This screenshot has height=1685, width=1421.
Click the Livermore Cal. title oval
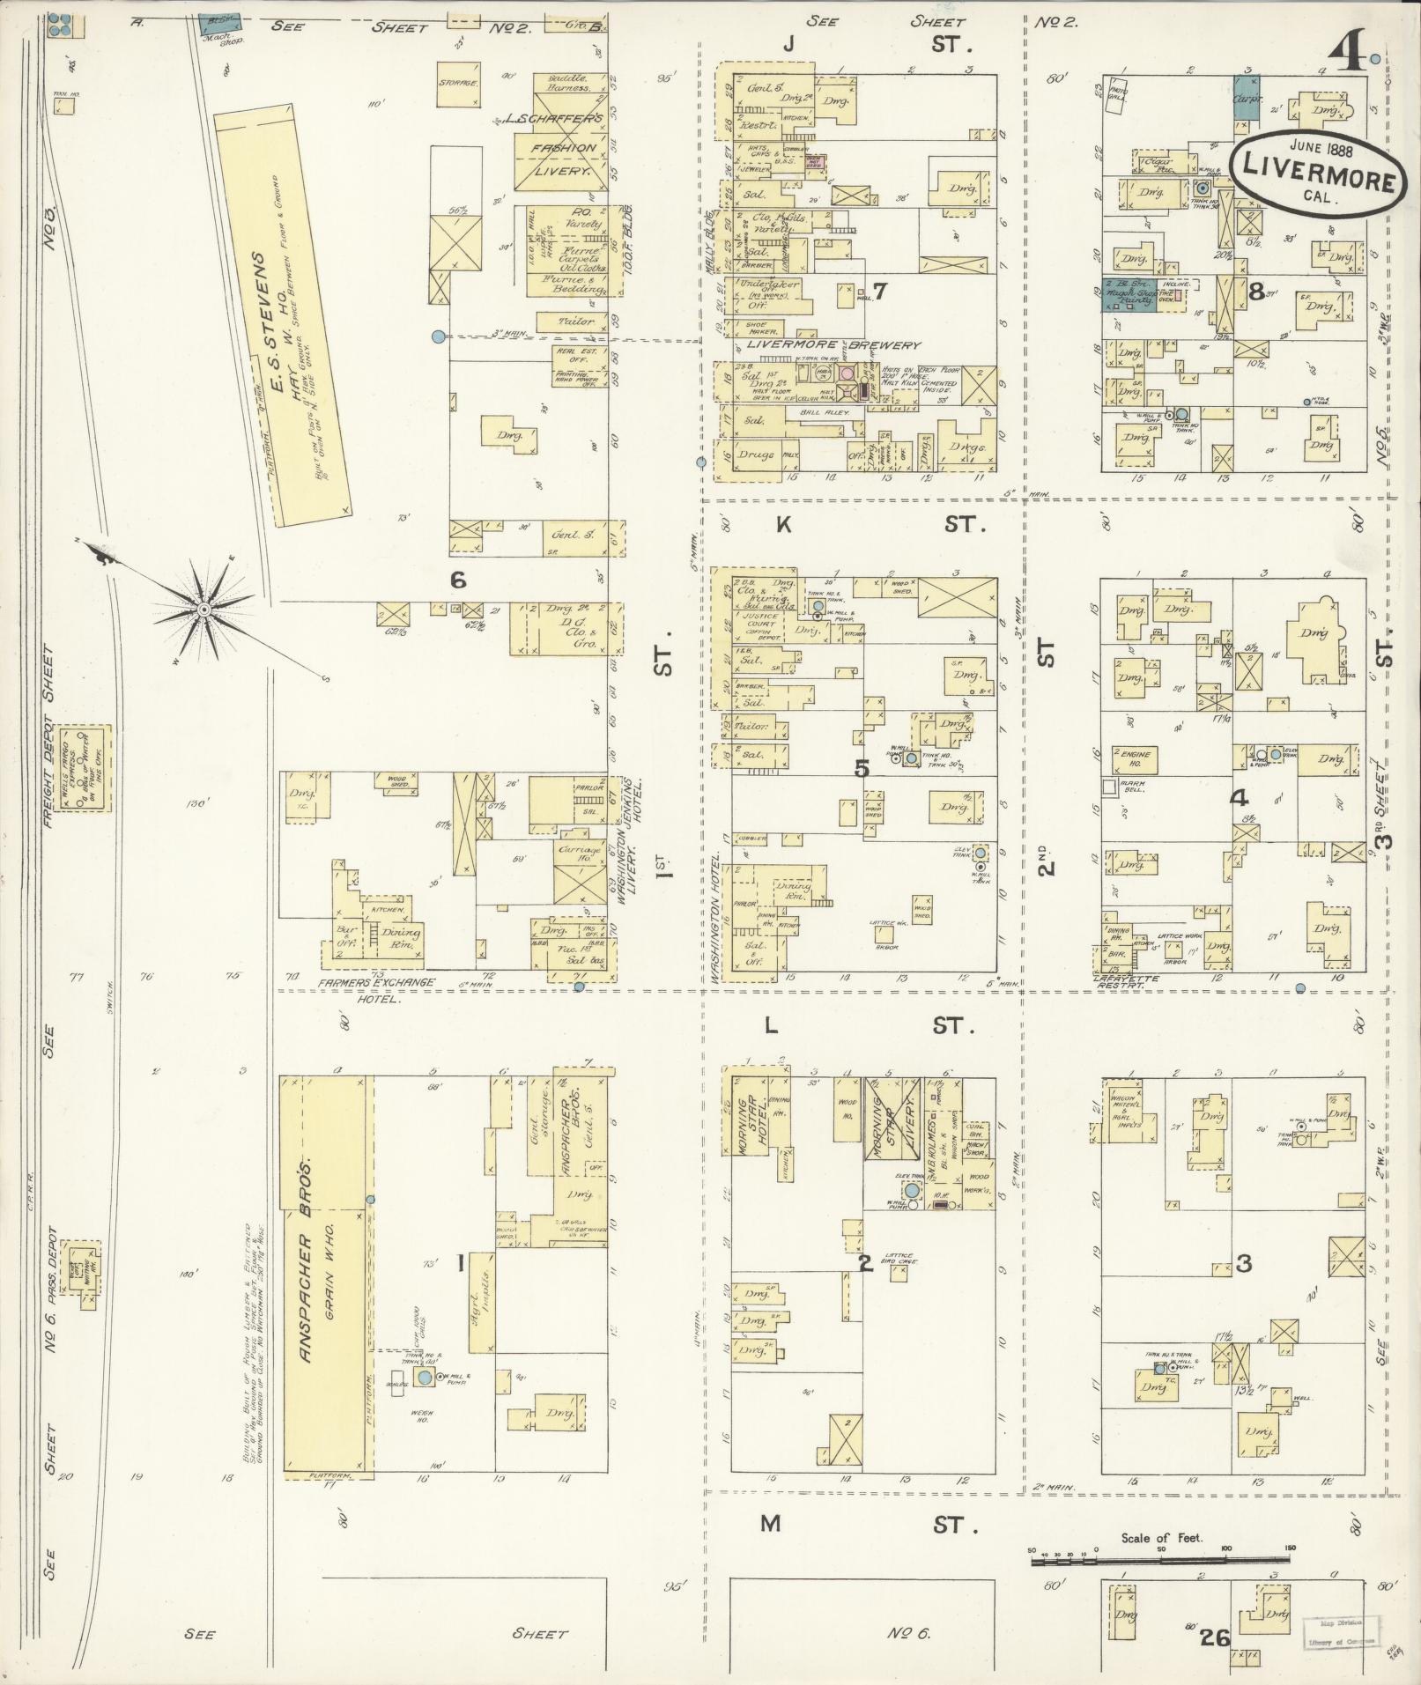(1315, 173)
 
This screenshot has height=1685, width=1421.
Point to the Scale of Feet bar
(1162, 1561)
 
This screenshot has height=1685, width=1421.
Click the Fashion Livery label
(562, 159)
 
